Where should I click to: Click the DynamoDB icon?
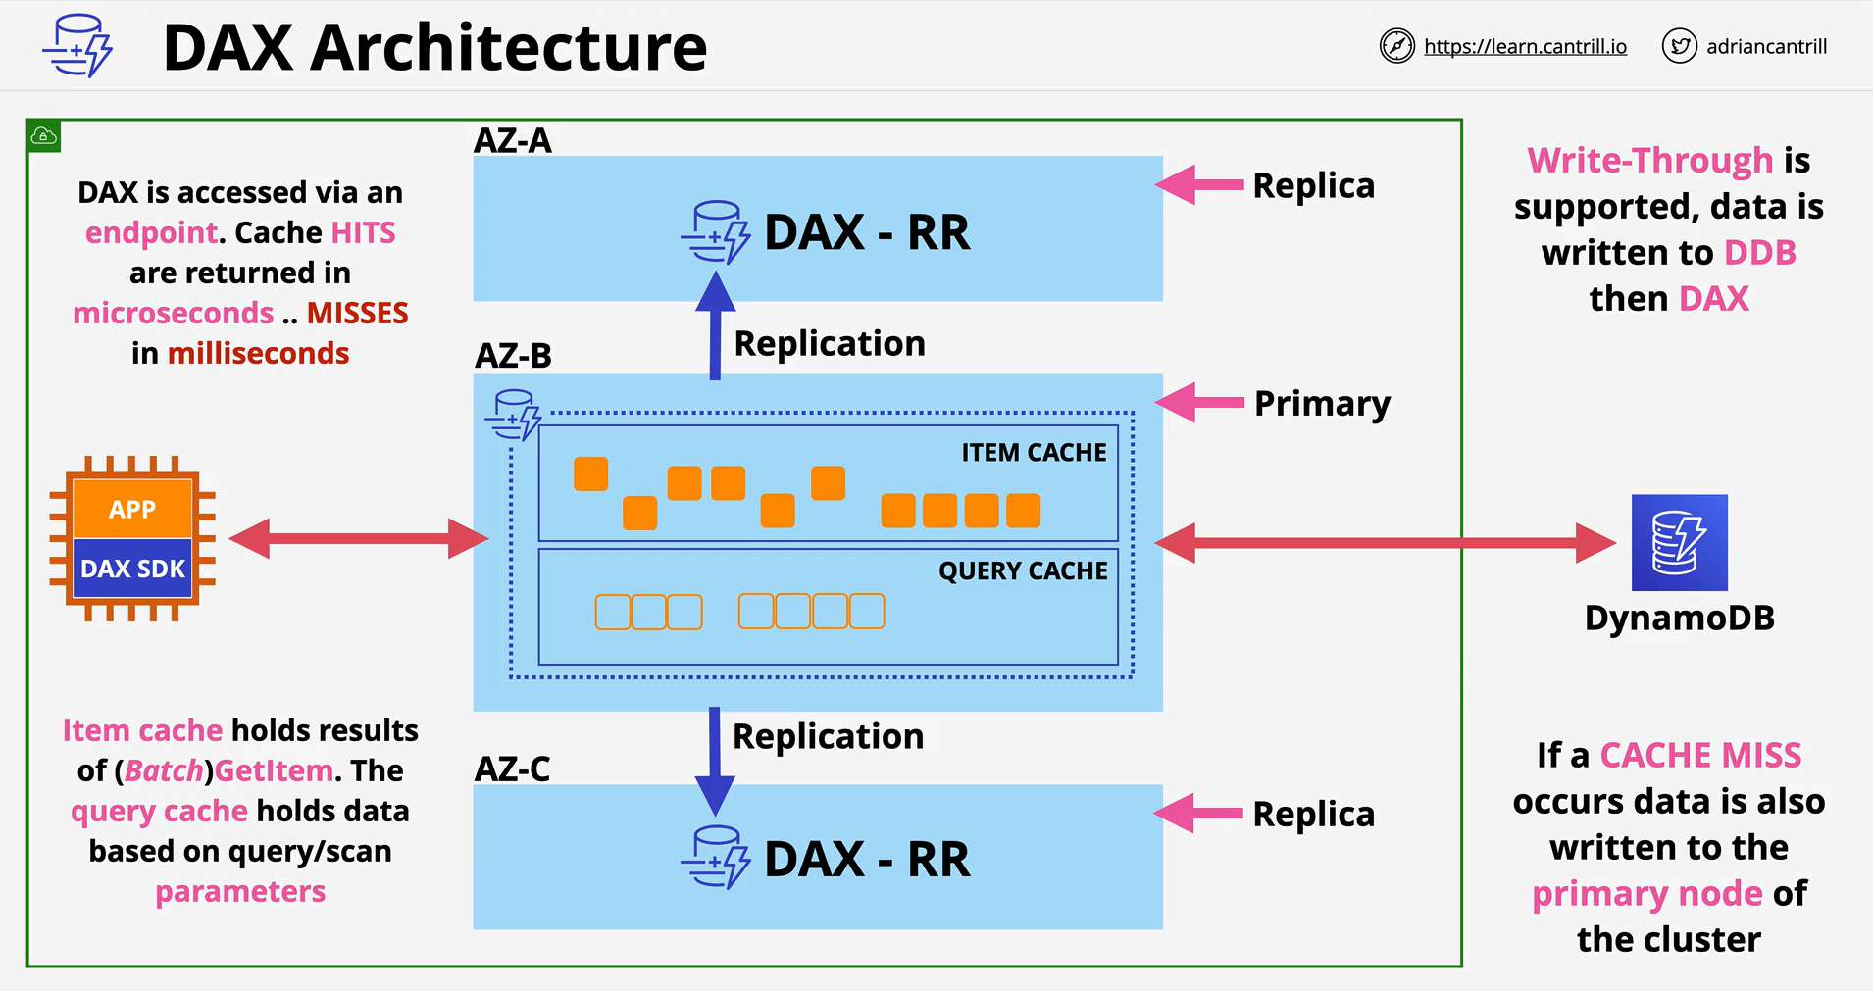(x=1679, y=542)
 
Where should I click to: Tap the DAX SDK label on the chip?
(x=132, y=569)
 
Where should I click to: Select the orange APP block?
(x=132, y=509)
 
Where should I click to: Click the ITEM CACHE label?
(x=1034, y=452)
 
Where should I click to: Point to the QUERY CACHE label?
(x=1023, y=570)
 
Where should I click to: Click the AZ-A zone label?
(x=512, y=140)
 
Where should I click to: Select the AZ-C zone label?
(x=512, y=768)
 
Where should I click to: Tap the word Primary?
(x=1322, y=404)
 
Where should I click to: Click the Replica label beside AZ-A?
(x=1313, y=185)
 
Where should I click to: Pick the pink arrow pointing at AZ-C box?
(x=1198, y=813)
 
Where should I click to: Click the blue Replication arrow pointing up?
(x=716, y=325)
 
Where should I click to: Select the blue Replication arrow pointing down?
(x=715, y=762)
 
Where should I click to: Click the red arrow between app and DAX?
(x=359, y=538)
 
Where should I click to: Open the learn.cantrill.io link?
(x=1525, y=46)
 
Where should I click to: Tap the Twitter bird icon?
(x=1680, y=46)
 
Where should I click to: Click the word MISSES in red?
(x=357, y=313)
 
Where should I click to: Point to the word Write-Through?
(x=1650, y=160)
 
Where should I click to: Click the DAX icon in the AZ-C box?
(x=716, y=857)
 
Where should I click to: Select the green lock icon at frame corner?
(x=45, y=136)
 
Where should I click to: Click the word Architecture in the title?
(x=508, y=47)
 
